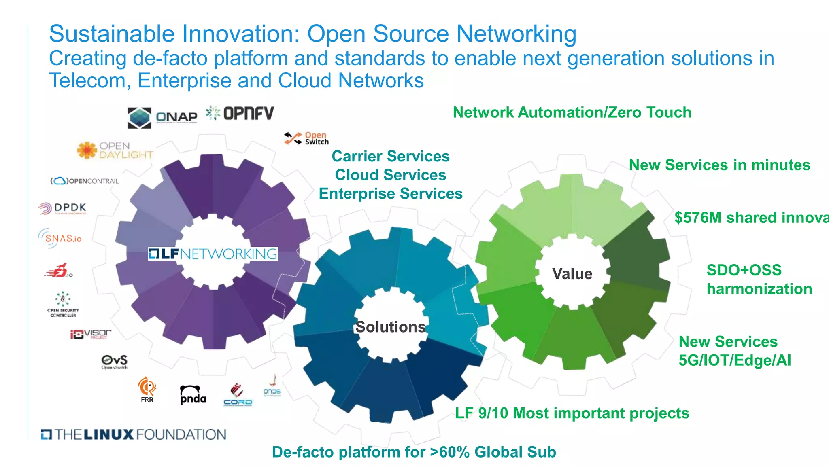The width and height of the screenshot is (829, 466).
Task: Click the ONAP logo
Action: click(162, 117)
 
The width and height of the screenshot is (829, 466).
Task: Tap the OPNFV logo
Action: click(240, 113)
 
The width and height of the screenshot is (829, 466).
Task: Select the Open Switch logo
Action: click(306, 138)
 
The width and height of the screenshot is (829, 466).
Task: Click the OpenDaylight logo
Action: click(115, 150)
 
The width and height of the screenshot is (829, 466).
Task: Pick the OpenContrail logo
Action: click(85, 181)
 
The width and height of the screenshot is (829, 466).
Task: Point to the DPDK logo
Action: click(63, 208)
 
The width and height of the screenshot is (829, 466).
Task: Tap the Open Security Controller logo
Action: click(63, 305)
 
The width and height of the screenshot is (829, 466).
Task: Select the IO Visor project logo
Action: click(91, 334)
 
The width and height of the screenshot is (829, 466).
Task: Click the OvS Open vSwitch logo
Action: click(114, 362)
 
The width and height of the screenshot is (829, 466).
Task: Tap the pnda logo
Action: click(193, 394)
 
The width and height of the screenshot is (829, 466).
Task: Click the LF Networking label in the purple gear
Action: click(213, 254)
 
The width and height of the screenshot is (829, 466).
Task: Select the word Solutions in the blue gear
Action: click(390, 327)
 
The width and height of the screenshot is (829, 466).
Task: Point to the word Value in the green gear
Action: click(572, 274)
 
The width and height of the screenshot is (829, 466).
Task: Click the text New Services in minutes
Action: click(719, 165)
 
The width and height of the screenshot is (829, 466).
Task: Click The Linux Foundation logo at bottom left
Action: click(134, 434)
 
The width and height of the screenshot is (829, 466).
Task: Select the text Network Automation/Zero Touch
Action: click(572, 112)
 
